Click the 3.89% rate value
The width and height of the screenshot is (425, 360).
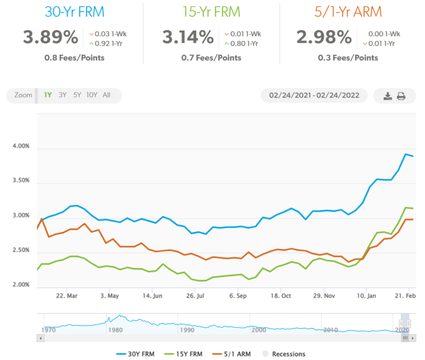(50, 38)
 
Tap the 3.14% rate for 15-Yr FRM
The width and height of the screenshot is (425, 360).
(188, 38)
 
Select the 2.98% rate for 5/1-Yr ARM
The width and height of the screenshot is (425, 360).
(324, 38)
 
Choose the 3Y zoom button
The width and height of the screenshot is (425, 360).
(63, 95)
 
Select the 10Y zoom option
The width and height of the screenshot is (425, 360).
(91, 95)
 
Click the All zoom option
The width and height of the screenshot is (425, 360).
(106, 95)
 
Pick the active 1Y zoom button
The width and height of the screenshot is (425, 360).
(48, 95)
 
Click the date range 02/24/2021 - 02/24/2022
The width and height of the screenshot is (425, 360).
(314, 95)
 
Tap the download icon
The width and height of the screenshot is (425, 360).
(388, 96)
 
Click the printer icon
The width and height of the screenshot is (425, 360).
(401, 96)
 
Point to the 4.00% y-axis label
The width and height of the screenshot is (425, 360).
(20, 147)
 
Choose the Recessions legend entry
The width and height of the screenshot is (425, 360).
(284, 354)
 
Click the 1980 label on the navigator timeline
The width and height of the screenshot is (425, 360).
(115, 330)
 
